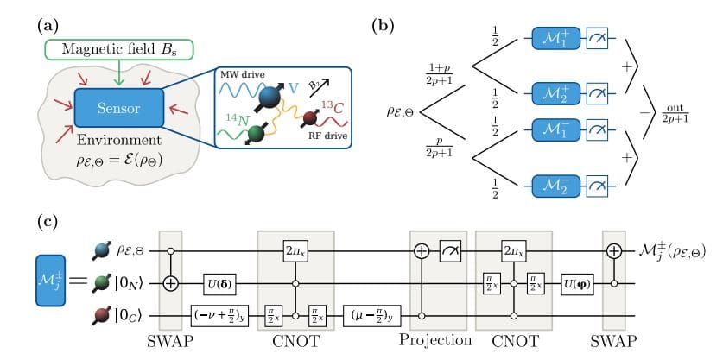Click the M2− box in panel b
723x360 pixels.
[553, 184]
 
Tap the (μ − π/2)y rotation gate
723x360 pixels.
[372, 317]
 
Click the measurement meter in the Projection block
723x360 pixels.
[449, 250]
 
